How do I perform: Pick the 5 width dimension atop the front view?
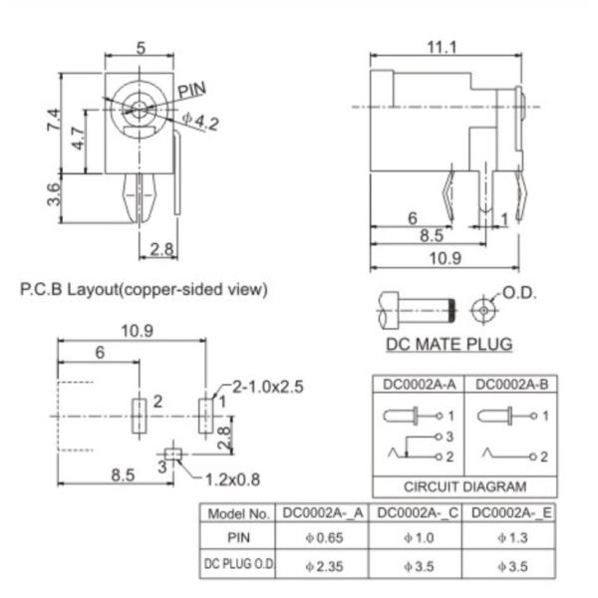coord(141,47)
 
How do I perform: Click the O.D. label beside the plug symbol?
coord(520,293)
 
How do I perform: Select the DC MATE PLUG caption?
coord(448,345)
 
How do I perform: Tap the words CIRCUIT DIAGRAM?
coord(463,487)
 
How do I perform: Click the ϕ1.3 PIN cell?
coord(509,537)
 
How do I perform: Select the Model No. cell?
coord(237,513)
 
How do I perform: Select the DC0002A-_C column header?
coord(416,513)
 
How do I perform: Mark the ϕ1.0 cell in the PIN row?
coord(416,537)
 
